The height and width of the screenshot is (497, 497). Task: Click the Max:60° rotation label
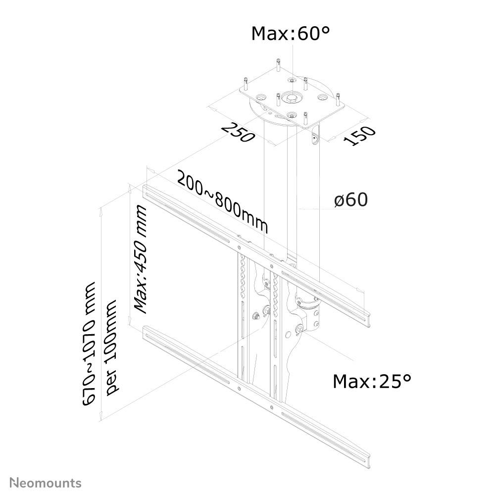(x=291, y=34)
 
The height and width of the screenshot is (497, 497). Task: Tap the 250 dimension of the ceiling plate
(x=238, y=132)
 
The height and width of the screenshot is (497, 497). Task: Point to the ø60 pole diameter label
(x=350, y=200)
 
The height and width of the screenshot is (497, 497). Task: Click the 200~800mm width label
(x=223, y=202)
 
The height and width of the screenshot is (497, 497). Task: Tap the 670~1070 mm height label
(x=90, y=345)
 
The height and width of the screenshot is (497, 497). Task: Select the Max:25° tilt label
(x=372, y=381)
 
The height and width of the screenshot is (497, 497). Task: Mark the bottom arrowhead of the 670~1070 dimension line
(x=101, y=418)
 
